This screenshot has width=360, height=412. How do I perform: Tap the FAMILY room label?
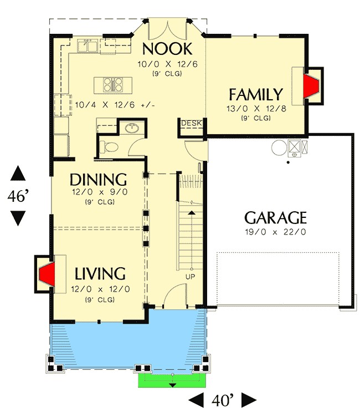pos(256,94)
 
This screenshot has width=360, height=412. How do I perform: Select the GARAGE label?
pos(275,217)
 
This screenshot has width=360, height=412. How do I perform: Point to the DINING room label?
pos(99,180)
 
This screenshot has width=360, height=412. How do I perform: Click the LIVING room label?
pos(100,274)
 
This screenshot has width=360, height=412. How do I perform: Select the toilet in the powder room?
pos(109,147)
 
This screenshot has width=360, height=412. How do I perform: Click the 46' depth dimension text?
pos(18,196)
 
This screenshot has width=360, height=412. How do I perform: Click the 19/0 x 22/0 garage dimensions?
pos(275,232)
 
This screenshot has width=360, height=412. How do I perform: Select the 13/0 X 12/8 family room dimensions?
pos(256,109)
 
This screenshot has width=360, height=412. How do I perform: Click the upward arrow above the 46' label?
pos(18,172)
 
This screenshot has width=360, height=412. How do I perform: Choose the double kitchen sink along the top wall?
pos(89,44)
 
